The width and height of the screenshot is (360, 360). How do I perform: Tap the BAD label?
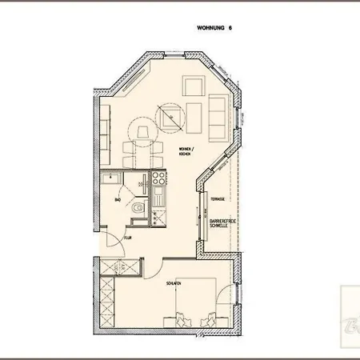point(118,200)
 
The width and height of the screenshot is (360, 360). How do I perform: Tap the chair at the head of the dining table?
point(142,130)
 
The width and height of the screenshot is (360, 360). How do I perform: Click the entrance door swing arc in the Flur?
point(112,240)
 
